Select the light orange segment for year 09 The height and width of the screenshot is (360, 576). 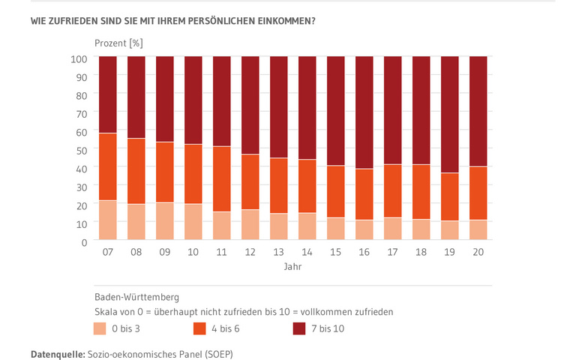click(165, 222)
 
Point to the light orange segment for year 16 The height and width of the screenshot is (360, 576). click(364, 230)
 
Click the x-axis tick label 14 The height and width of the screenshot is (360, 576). click(307, 253)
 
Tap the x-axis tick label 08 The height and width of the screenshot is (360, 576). click(136, 253)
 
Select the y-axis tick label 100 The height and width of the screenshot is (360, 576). click(79, 58)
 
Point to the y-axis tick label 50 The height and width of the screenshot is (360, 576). click(82, 149)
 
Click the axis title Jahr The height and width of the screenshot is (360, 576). click(293, 267)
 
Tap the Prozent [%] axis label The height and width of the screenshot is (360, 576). click(118, 42)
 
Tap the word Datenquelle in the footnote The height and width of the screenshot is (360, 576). click(57, 352)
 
